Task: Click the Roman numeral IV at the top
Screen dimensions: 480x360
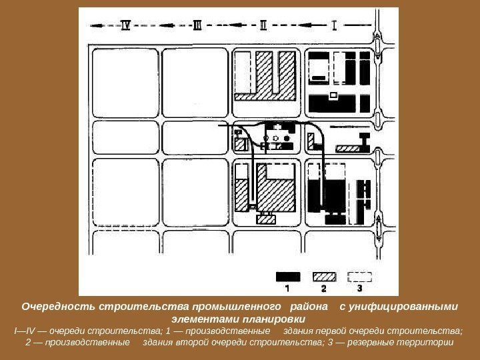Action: (x=125, y=25)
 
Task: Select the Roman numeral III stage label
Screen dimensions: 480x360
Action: (x=197, y=25)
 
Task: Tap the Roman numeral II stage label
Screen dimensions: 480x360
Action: (x=263, y=25)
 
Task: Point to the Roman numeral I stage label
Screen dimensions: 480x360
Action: (x=335, y=25)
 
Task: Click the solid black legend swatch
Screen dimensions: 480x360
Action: (x=288, y=277)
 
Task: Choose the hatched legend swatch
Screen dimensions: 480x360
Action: (x=324, y=277)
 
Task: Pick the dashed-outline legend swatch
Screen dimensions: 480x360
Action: (x=360, y=277)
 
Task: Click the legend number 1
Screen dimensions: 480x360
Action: (x=287, y=289)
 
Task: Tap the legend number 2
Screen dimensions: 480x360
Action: (x=324, y=289)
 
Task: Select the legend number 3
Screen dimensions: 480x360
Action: (x=360, y=289)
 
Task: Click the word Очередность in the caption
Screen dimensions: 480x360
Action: (x=58, y=307)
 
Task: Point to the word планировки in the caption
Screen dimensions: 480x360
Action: (x=274, y=319)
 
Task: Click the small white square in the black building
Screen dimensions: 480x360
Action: (x=333, y=95)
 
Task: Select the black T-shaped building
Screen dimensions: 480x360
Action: (x=365, y=143)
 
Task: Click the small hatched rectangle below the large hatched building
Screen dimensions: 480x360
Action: (x=266, y=219)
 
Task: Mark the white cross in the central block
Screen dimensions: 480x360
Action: (x=277, y=127)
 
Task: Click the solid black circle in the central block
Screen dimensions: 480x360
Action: (x=287, y=139)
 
